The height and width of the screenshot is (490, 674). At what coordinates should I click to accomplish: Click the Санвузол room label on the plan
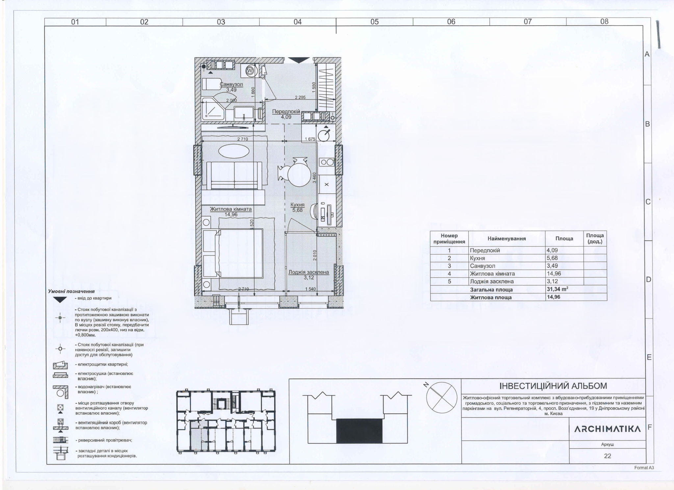231,84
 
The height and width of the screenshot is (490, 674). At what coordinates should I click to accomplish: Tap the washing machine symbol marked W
250,71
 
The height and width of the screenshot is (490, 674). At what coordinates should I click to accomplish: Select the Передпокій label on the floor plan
286,112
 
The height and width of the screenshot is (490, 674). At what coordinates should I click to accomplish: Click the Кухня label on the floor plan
298,205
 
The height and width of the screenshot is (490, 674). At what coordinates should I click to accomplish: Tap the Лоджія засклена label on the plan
309,272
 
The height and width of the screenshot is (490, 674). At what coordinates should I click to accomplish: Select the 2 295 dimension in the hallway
300,97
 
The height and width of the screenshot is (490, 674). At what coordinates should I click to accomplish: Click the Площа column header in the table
564,239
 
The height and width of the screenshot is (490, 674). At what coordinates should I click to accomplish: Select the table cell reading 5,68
552,258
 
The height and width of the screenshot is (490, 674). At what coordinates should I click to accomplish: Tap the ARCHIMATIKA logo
608,429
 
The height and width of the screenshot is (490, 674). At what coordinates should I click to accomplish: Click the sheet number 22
608,456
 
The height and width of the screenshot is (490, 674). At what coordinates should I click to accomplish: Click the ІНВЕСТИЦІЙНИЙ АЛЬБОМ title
553,386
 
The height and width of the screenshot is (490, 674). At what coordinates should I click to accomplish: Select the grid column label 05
375,22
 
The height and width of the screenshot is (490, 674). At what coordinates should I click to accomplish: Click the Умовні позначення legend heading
71,291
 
